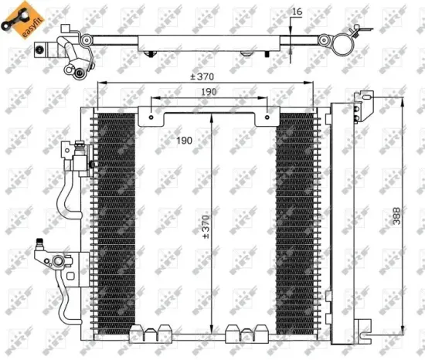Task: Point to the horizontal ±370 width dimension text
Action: (x=205, y=76)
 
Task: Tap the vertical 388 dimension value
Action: (x=396, y=218)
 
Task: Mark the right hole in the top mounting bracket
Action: (x=267, y=118)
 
